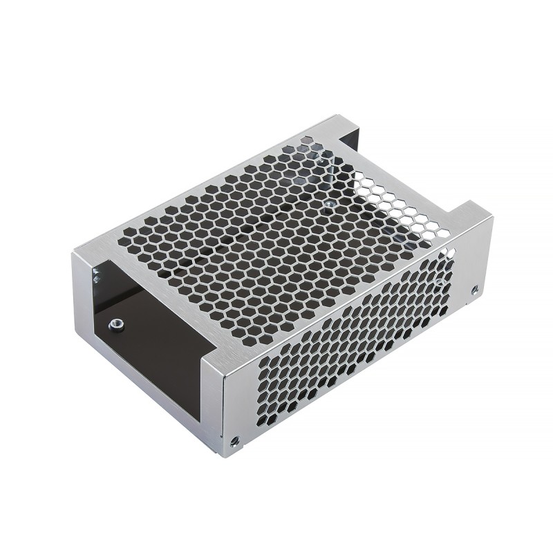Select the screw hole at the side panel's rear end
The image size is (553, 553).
475,290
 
